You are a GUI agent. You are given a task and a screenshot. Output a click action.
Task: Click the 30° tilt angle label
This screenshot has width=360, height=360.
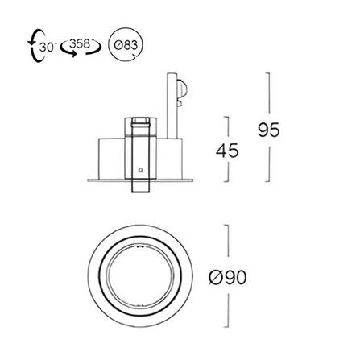tap(48, 48)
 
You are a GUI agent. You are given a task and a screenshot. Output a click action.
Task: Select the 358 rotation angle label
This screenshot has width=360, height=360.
tap(80, 44)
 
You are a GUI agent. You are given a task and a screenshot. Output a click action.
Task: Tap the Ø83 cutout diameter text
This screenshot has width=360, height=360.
tap(126, 45)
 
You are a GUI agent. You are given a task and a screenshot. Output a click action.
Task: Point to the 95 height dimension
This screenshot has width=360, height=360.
tap(269, 130)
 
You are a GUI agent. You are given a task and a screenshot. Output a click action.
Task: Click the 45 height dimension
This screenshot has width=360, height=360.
tap(227, 151)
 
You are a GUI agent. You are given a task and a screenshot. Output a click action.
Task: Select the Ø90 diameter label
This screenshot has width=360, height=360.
tap(227, 277)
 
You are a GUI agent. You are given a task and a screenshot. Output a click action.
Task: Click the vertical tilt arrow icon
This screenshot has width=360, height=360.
tap(35, 46)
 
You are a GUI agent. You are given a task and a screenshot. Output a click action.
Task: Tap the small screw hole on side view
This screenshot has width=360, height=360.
tap(139, 170)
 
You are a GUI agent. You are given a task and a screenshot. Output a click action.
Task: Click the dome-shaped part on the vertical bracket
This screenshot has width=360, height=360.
tap(182, 89)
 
